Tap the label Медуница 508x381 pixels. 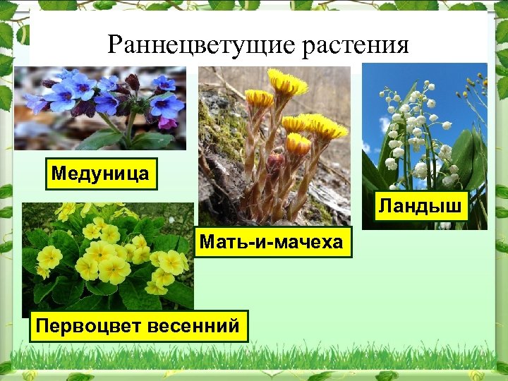101,174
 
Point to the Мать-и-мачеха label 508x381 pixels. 272,242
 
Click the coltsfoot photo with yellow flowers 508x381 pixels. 275,141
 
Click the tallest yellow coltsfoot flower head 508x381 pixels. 287,83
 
